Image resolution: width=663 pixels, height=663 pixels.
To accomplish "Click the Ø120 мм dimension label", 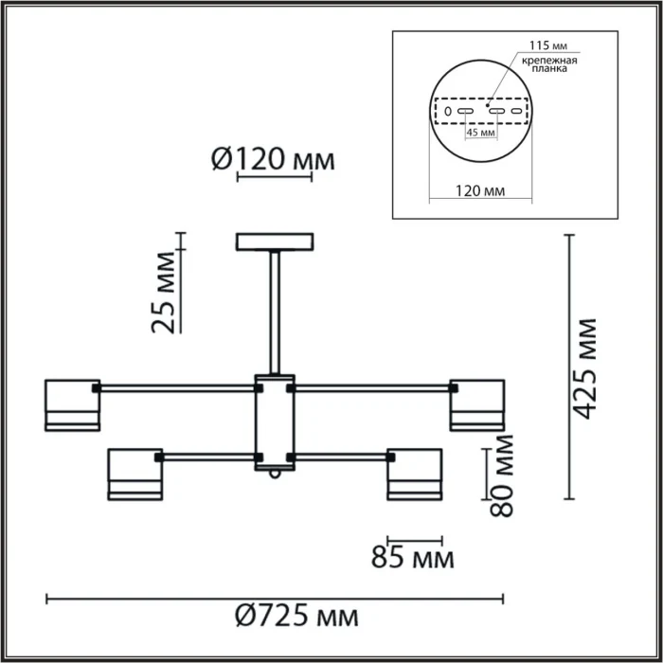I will coord(271,160).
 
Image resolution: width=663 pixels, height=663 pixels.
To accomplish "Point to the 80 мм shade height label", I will coord(502,475).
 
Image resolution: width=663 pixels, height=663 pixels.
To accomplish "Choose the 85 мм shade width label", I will coord(413,557).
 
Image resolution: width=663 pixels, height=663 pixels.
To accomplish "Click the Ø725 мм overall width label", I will coord(296,618).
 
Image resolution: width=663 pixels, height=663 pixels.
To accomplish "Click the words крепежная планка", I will coord(547,65).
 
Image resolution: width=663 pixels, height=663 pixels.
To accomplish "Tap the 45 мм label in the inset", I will coord(480,133).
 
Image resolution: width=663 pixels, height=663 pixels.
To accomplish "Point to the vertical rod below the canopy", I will coord(274,313).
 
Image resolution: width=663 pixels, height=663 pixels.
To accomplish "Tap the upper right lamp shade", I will coord(476,404).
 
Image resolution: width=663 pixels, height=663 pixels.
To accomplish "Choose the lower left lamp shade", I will coord(134,473).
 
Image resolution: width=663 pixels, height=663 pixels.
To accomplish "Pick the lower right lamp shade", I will coord(414,473).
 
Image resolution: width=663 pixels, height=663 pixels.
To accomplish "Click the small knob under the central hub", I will coord(274,475).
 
